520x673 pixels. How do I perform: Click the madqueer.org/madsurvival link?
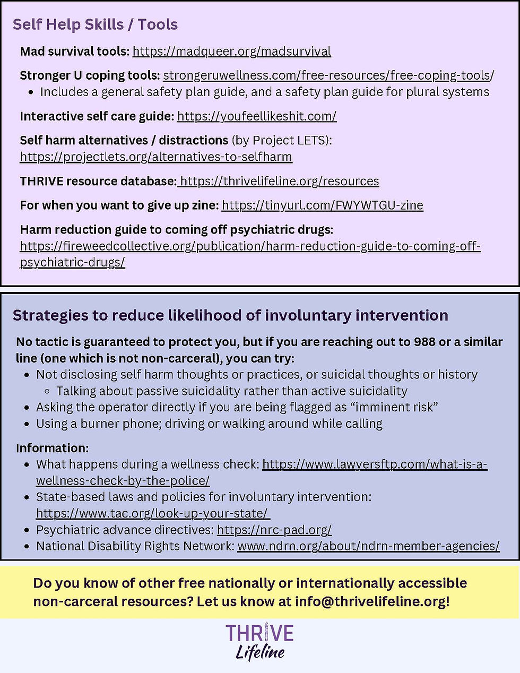point(231,51)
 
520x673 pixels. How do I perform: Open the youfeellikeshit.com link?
point(257,116)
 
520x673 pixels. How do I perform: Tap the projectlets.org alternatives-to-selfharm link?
point(156,157)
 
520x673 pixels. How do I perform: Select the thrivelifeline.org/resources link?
point(279,182)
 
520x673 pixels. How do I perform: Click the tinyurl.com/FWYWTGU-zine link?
point(322,205)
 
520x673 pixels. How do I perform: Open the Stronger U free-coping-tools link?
point(328,75)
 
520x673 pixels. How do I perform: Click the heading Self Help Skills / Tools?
point(95,24)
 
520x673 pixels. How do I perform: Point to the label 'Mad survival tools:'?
point(74,51)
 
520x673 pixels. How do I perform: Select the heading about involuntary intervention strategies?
point(230,315)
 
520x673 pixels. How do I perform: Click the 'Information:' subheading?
point(52,448)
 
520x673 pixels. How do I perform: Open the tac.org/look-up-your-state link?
point(152,514)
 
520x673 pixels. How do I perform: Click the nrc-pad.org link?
point(274,530)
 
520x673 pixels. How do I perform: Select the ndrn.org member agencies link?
point(368,546)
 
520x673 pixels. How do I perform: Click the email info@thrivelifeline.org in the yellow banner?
point(371,602)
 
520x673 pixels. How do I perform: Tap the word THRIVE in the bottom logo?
point(259,633)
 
